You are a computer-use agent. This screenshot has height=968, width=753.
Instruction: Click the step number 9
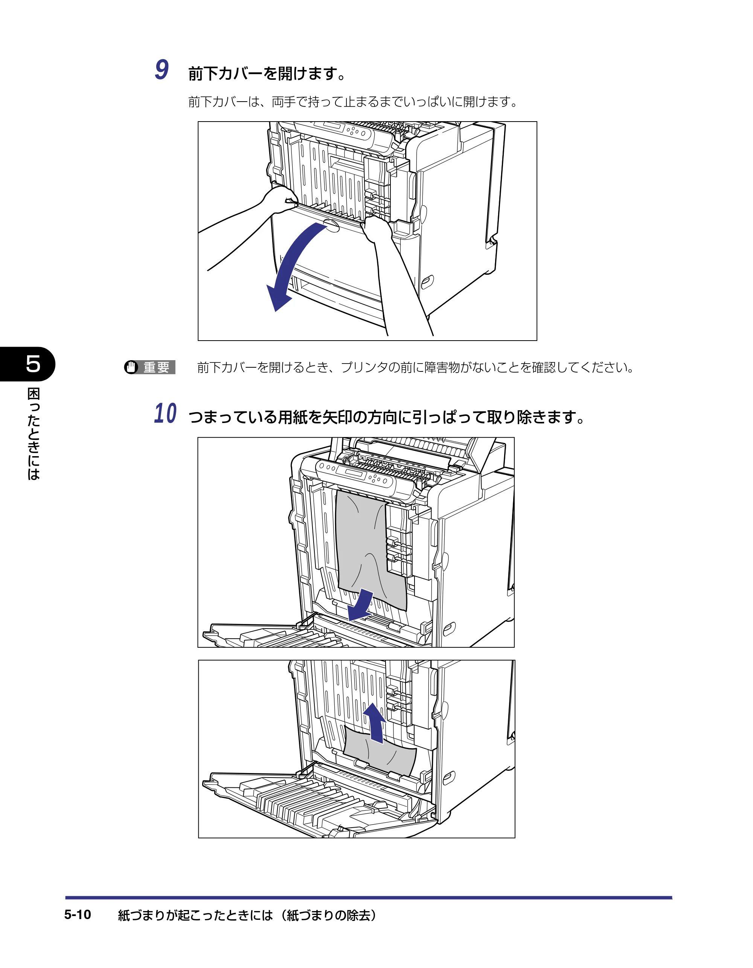pyautogui.click(x=162, y=70)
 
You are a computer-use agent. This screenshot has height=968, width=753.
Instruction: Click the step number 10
pyautogui.click(x=165, y=414)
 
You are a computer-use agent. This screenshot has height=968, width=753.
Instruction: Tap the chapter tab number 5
pyautogui.click(x=33, y=364)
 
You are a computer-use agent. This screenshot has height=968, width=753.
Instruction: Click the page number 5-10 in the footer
pyautogui.click(x=78, y=915)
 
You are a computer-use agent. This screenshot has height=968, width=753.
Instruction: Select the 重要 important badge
pyautogui.click(x=150, y=367)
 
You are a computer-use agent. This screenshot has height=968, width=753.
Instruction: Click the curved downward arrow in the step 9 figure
pyautogui.click(x=290, y=266)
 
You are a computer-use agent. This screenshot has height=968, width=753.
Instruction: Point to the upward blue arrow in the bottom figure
pyautogui.click(x=375, y=723)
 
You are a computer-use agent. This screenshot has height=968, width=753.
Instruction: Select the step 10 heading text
pyautogui.click(x=387, y=417)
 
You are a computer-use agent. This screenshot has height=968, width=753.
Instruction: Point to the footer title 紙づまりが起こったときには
pyautogui.click(x=195, y=915)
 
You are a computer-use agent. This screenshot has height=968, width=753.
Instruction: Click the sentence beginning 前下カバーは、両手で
pyautogui.click(x=353, y=102)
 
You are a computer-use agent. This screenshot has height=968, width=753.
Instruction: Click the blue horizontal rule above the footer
pyautogui.click(x=369, y=898)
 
